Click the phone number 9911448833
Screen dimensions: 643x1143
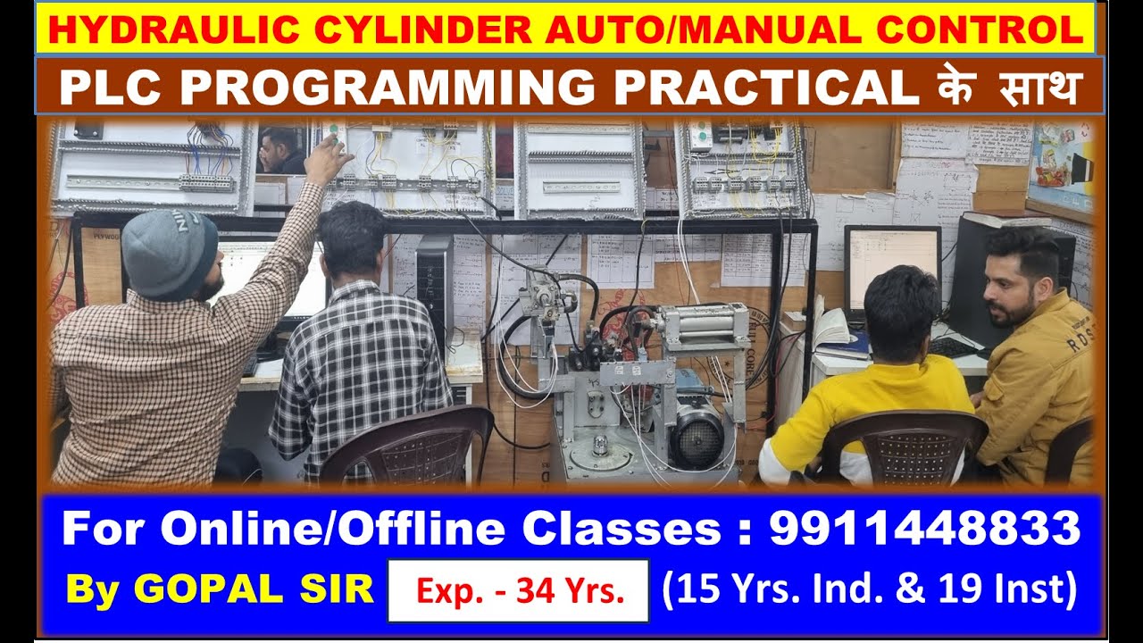(x=924, y=530)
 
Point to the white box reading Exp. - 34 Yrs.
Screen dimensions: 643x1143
(x=518, y=590)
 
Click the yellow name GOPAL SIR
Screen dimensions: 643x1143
(x=220, y=589)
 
